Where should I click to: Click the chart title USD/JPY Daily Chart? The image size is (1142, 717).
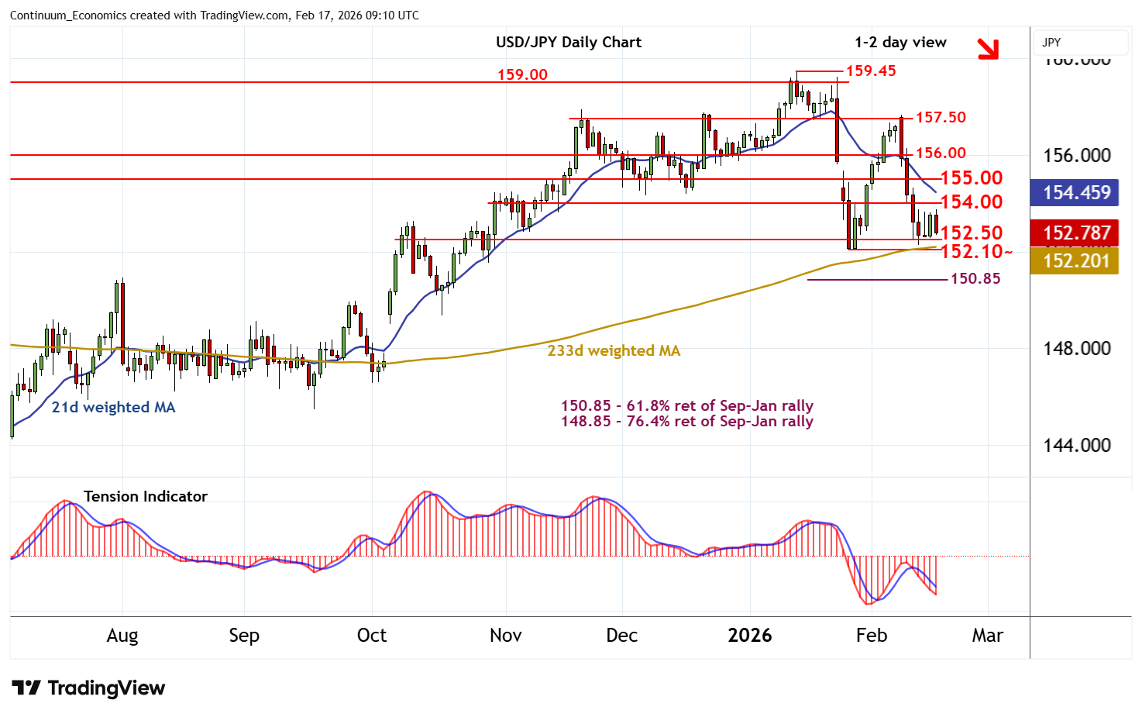point(569,42)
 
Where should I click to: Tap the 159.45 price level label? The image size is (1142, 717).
point(871,71)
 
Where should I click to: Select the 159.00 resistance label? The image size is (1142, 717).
point(522,74)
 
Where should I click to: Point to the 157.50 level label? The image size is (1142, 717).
point(941,117)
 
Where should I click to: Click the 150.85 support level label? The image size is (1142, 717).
point(975,278)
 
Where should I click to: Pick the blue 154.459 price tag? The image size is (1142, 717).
point(1076,192)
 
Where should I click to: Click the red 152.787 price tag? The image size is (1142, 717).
point(1076,233)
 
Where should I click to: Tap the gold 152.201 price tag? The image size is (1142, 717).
point(1076,260)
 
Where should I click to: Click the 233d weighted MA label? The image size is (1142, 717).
point(614,350)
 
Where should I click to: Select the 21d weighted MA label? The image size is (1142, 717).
point(113,407)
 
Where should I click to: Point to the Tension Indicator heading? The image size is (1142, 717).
point(146,496)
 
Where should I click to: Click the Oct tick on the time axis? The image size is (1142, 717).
point(371,636)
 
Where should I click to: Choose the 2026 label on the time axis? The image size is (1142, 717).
point(749,636)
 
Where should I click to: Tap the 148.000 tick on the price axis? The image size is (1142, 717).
point(1076,348)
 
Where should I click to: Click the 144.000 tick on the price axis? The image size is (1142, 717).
point(1076,445)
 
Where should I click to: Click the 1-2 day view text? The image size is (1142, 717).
point(900,42)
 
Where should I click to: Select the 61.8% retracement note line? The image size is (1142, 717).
point(687,405)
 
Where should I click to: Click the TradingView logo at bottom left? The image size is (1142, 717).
point(88,688)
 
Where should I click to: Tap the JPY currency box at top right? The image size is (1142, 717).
point(1081,43)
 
